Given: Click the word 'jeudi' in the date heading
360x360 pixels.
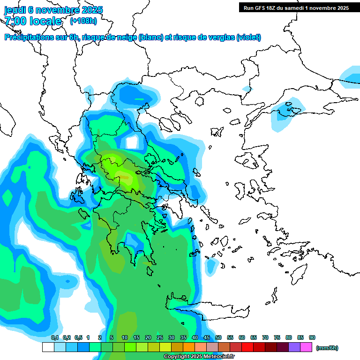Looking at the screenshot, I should [x=15, y=10].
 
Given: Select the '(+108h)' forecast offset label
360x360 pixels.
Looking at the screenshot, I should [x=83, y=21].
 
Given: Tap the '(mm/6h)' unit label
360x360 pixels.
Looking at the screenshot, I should [x=327, y=348].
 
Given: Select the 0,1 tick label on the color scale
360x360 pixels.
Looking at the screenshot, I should [x=55, y=338].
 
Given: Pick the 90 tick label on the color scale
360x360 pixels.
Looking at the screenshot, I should [x=312, y=338].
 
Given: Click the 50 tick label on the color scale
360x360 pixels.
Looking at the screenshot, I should [x=218, y=338].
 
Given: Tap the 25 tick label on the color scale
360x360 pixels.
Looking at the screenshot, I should [x=160, y=338].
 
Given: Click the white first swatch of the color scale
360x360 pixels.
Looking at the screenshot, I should [x=48, y=347].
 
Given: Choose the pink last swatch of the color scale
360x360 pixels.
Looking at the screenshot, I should [x=306, y=347].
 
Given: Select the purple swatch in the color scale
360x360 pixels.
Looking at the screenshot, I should [x=294, y=347].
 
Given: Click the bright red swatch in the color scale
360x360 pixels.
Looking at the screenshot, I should [x=247, y=347].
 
